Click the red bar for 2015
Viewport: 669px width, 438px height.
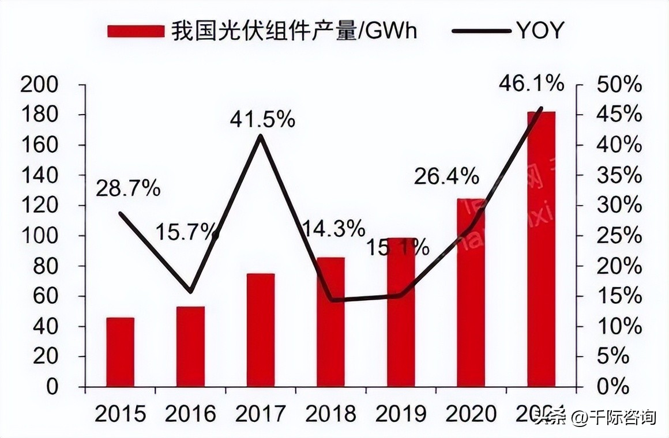[x=120, y=352]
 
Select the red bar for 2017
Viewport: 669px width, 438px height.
[x=261, y=330]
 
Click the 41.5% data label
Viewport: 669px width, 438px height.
[x=262, y=120]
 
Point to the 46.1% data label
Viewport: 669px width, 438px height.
[x=531, y=84]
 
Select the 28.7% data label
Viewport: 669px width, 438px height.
[x=128, y=188]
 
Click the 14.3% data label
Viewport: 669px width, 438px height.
[x=333, y=229]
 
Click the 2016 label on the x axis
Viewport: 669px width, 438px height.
[x=190, y=414]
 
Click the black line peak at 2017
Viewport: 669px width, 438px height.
[x=261, y=136]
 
